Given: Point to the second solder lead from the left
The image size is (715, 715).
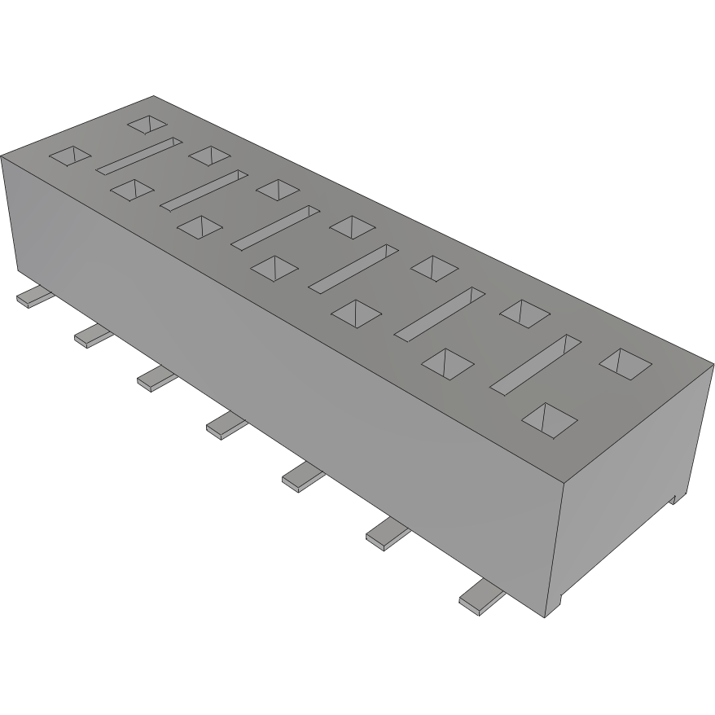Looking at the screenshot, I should pyautogui.click(x=91, y=335).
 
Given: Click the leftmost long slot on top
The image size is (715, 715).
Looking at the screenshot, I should pyautogui.click(x=139, y=155).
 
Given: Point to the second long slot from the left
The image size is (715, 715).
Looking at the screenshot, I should pyautogui.click(x=204, y=188).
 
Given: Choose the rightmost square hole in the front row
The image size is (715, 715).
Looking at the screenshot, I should pyautogui.click(x=549, y=418).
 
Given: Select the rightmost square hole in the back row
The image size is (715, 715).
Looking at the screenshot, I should pyautogui.click(x=625, y=362).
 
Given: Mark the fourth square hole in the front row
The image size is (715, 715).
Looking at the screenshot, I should pyautogui.click(x=274, y=267).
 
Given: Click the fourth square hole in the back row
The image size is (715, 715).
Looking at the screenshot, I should pyautogui.click(x=351, y=225).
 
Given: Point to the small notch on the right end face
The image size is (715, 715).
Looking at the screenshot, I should pyautogui.click(x=675, y=498).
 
